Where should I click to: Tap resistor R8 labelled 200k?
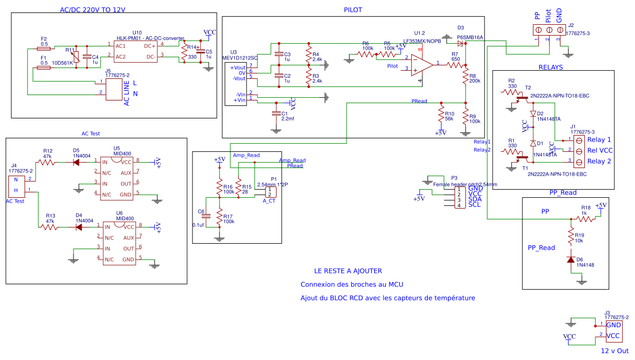[465, 79]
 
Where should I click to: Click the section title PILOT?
[353, 10]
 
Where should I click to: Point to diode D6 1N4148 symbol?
[571, 259]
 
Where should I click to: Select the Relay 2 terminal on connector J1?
[578, 162]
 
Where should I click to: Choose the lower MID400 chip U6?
[119, 243]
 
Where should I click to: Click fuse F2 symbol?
[43, 48]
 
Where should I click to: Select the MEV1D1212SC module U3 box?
[236, 84]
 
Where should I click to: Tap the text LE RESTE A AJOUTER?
[348, 271]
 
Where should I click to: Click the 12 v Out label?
[615, 351]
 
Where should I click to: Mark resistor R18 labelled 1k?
[584, 218]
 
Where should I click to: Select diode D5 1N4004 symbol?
[76, 161]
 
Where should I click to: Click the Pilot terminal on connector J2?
[548, 39]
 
